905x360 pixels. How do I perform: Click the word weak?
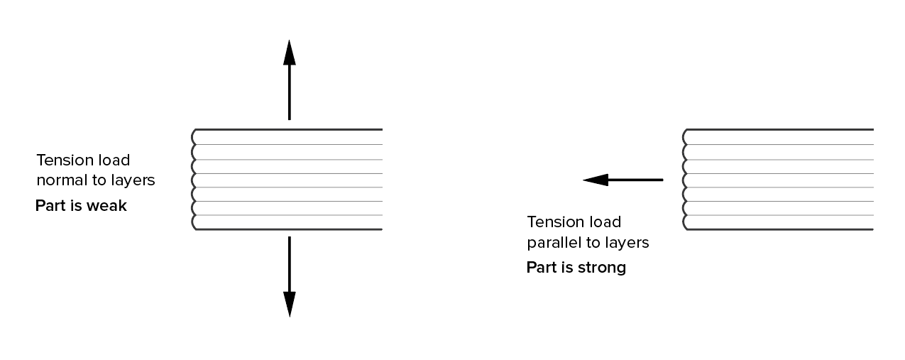tap(109, 207)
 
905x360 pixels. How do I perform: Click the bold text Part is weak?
tap(81, 207)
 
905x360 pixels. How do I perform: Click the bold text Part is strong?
tap(576, 268)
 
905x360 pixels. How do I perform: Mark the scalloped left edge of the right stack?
tap(686, 180)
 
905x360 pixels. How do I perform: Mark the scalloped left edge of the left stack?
tap(194, 180)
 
